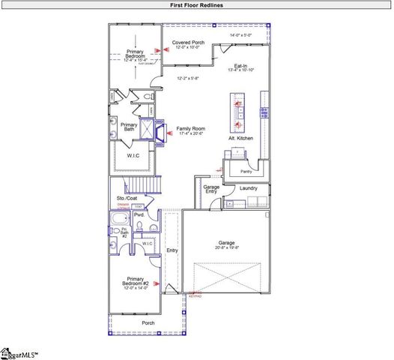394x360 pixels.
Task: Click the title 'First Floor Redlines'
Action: (196, 5)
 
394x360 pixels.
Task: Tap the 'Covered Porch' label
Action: (188, 43)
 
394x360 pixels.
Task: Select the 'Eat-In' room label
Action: (241, 65)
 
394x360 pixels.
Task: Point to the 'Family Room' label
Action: (191, 129)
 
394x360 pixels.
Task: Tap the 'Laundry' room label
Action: (248, 188)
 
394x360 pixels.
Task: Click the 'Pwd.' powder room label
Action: (139, 215)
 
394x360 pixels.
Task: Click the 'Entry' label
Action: (172, 251)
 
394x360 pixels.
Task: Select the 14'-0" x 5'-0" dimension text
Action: (241, 34)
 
